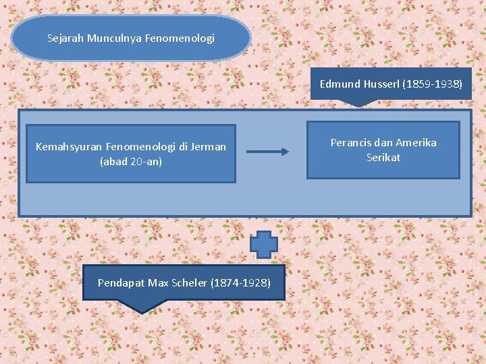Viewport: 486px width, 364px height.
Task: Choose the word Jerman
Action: coord(209,146)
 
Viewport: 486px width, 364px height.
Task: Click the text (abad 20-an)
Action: coord(131,162)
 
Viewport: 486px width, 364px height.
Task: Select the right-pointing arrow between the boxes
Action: coord(268,152)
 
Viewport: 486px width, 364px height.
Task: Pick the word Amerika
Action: coord(416,143)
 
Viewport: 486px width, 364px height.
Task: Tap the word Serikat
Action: coord(383,158)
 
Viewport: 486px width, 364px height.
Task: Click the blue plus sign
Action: coord(265,244)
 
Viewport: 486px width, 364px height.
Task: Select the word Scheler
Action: coord(190,282)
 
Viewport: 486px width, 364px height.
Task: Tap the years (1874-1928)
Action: coord(241,282)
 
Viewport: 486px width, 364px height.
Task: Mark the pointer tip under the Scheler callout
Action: coord(141,310)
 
